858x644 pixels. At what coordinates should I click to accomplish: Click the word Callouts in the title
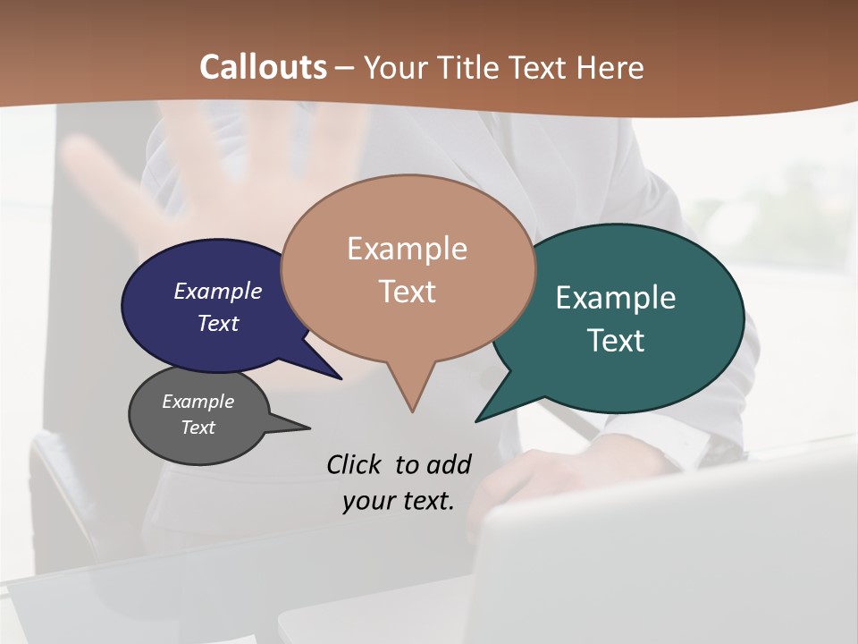click(x=263, y=67)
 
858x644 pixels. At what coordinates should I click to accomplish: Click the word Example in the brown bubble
click(x=407, y=248)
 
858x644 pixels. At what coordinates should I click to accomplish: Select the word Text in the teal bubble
click(x=616, y=340)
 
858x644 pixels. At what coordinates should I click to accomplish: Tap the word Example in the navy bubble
click(x=218, y=291)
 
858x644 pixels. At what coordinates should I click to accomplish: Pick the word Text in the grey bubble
click(x=198, y=428)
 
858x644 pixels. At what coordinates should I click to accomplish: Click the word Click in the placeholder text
click(x=353, y=464)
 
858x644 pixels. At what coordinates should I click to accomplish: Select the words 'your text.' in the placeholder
click(x=399, y=501)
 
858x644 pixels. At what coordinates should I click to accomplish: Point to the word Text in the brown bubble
click(x=408, y=291)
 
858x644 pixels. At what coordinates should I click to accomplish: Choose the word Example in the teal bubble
click(x=616, y=297)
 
